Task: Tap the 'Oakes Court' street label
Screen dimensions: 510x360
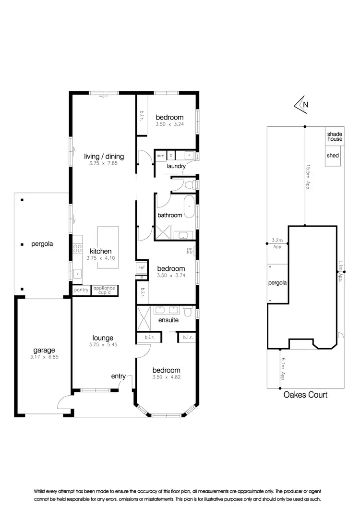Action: point(305,395)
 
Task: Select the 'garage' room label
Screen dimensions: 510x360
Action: point(44,350)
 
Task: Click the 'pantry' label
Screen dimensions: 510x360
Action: point(80,291)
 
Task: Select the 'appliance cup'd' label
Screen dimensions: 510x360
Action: point(104,290)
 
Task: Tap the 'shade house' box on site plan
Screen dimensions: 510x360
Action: point(335,136)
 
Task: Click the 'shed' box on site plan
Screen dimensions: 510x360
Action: point(333,156)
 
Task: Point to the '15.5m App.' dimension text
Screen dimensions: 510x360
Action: point(308,178)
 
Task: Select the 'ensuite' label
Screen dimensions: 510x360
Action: point(168,319)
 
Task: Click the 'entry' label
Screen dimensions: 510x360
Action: point(119,376)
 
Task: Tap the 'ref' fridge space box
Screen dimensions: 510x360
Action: point(141,267)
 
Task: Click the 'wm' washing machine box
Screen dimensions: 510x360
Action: point(160,155)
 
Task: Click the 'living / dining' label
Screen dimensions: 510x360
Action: point(104,156)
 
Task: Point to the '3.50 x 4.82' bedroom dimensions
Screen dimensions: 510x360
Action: point(166,378)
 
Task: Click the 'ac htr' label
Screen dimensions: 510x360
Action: point(190,251)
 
